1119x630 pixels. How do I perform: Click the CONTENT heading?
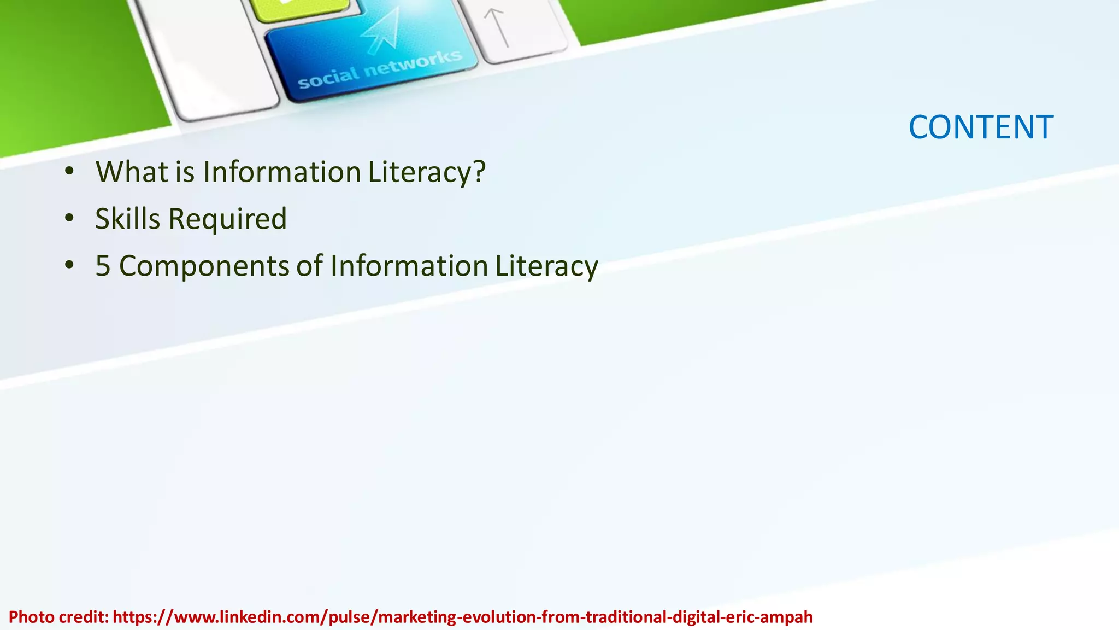981,127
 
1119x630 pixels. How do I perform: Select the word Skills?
127,219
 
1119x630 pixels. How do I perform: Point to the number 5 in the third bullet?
103,266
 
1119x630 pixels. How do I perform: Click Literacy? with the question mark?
426,172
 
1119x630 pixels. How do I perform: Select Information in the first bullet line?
282,172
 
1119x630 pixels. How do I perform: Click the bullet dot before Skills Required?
69,218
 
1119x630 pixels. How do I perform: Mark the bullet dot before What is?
69,171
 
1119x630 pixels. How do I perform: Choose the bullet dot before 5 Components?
69,265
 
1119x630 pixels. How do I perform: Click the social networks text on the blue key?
380,69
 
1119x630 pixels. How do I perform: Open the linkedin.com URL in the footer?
462,617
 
